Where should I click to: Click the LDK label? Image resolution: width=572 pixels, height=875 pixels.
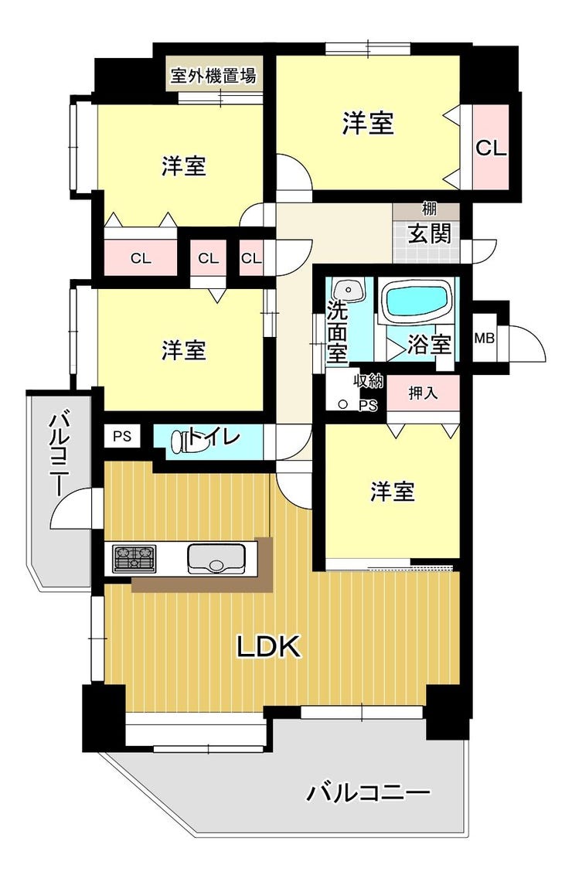coord(269,646)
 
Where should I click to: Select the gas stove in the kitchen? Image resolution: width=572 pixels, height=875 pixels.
coord(134,558)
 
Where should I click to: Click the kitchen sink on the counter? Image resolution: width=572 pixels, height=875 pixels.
coord(216,559)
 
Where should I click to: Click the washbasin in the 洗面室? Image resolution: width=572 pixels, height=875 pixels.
coord(348,290)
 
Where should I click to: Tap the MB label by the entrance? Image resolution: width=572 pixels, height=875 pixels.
coord(484,338)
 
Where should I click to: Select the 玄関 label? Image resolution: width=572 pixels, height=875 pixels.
coord(429,233)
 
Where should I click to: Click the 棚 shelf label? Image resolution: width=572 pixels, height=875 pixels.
coord(429,209)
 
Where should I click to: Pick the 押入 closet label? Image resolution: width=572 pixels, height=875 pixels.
coord(423,393)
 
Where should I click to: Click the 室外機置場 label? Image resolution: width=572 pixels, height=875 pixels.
coord(214,76)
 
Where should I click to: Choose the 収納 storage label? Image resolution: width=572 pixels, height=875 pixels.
coord(368,382)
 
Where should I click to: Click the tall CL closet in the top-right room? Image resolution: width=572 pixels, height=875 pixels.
coord(491,148)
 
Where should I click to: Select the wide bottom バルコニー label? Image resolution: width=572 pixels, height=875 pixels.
coord(368,792)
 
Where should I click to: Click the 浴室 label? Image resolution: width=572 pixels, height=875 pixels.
coord(428,344)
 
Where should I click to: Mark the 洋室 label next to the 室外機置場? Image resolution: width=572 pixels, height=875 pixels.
coord(184,165)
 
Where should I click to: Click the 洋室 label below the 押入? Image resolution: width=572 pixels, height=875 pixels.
coord(393,492)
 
